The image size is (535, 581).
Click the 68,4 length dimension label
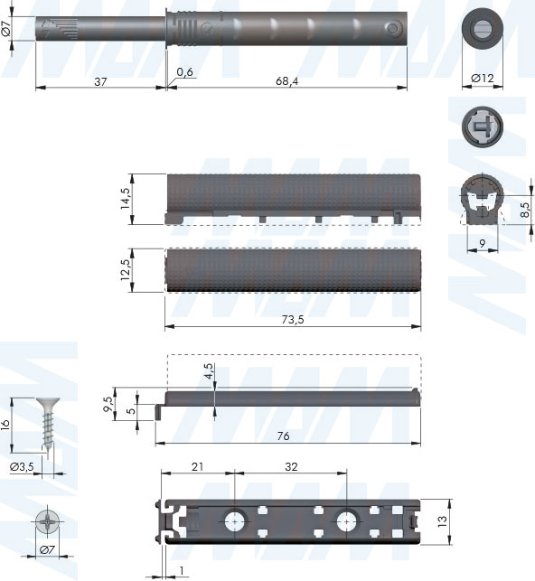[286, 81]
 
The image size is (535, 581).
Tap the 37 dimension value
[100, 81]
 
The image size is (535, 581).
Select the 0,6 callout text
[184, 72]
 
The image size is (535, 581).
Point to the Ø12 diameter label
[482, 79]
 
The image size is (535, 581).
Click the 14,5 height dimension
[126, 198]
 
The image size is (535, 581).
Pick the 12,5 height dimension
[126, 269]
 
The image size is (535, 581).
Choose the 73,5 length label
[293, 319]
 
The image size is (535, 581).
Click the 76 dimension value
[283, 436]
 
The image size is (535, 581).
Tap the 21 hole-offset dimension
[197, 466]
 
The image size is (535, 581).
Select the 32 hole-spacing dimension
[291, 466]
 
